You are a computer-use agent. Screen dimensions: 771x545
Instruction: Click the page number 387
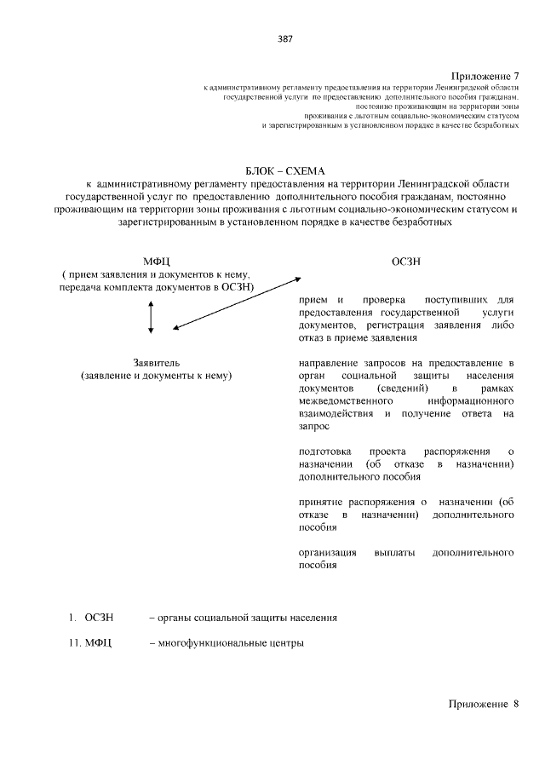[x=284, y=38]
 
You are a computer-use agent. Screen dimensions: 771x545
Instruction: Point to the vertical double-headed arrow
[x=151, y=317]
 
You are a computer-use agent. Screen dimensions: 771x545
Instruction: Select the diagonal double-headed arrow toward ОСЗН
[x=235, y=302]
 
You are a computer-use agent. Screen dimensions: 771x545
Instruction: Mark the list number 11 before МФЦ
[x=73, y=642]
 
